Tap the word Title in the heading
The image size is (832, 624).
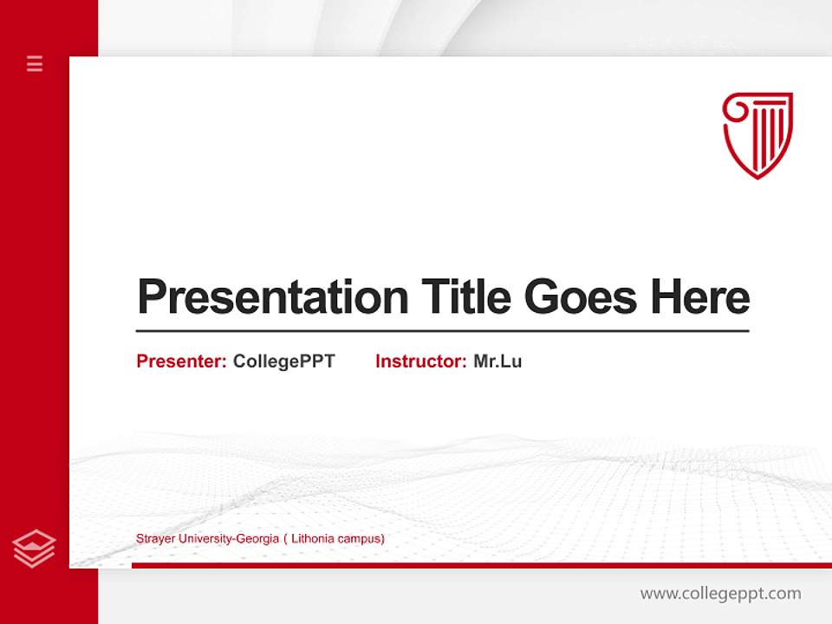pos(465,297)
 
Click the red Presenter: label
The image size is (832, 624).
pos(181,361)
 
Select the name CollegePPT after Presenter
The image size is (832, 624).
pos(283,361)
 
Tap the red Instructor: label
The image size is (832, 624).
pos(420,361)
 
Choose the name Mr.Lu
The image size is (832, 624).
pos(497,361)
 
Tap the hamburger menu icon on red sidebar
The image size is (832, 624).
pos(35,63)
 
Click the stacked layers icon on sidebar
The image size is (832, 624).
pos(34,549)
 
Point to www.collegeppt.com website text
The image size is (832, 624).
pos(720,594)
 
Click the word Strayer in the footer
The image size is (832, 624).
pos(155,539)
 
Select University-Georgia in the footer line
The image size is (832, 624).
pos(228,539)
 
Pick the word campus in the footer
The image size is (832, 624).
pos(361,539)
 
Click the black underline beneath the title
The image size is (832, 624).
pos(442,330)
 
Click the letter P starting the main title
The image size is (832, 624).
pos(151,297)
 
